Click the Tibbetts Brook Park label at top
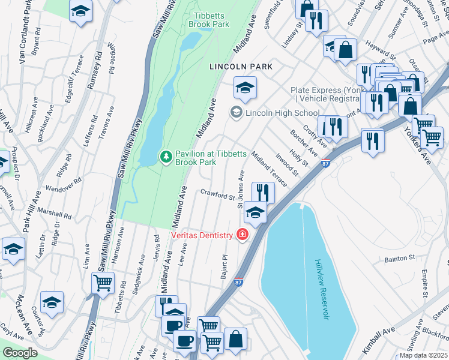(209, 19)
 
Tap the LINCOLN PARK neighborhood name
(241, 67)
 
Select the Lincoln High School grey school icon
(237, 112)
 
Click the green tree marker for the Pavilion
(166, 156)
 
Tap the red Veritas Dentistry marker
(243, 234)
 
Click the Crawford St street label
(217, 196)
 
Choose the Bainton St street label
(399, 259)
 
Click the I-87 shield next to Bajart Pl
(238, 280)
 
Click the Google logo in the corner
(20, 353)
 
